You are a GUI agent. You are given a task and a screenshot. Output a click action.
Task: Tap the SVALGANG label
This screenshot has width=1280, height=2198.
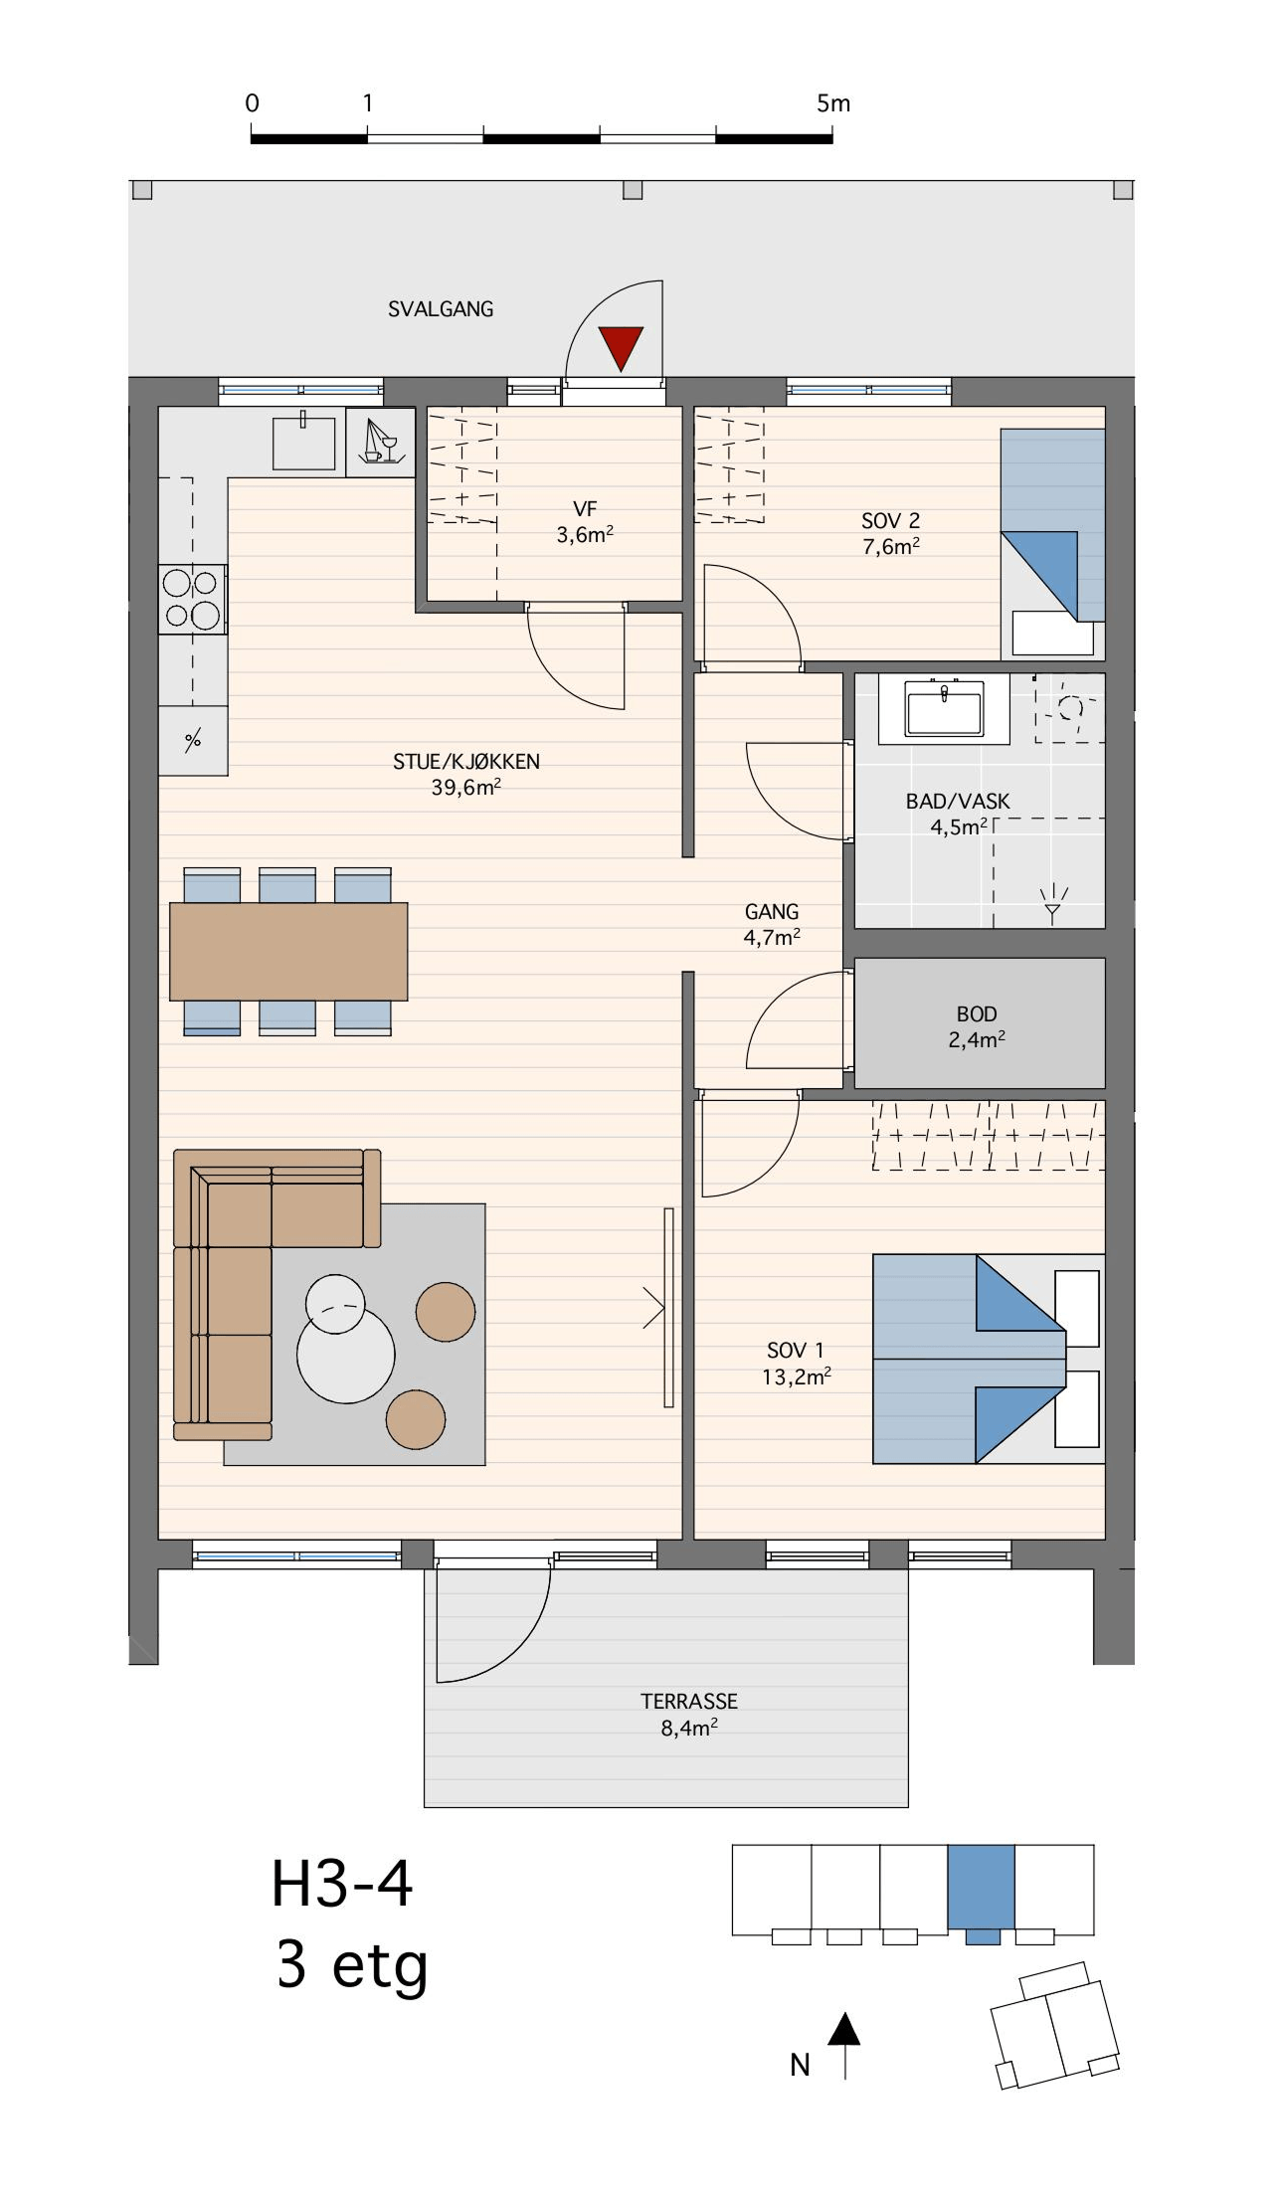(x=441, y=309)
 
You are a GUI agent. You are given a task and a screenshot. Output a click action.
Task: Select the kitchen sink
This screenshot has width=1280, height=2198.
(x=304, y=443)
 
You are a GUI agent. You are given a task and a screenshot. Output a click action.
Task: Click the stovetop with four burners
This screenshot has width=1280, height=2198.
(x=193, y=599)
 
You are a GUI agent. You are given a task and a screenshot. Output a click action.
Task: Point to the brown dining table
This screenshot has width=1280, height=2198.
(x=288, y=951)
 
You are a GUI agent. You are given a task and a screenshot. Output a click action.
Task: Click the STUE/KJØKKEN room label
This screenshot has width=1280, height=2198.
(x=466, y=762)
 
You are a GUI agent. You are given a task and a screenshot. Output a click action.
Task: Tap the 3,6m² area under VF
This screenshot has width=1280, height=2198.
(x=585, y=535)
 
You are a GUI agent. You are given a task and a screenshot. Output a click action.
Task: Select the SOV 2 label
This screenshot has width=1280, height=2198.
(x=891, y=520)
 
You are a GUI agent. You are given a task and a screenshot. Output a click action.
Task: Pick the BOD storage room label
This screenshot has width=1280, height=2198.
(x=977, y=1014)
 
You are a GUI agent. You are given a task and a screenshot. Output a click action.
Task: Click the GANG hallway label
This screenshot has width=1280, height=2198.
(x=772, y=912)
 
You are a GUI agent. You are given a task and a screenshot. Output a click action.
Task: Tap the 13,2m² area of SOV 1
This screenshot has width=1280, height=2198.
(x=797, y=1376)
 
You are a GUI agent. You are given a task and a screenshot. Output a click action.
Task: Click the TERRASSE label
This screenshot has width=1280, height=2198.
(x=689, y=1702)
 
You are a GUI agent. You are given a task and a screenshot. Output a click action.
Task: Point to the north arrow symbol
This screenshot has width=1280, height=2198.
(x=844, y=2045)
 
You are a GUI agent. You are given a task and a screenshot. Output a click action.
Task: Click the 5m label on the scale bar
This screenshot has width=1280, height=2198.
(x=833, y=103)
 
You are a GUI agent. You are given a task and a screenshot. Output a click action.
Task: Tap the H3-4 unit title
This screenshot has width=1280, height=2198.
(x=342, y=1885)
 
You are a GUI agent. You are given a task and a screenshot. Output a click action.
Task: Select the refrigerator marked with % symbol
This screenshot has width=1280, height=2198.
(x=193, y=740)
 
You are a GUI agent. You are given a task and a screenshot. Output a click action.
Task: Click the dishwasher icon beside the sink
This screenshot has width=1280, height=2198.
(x=381, y=442)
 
